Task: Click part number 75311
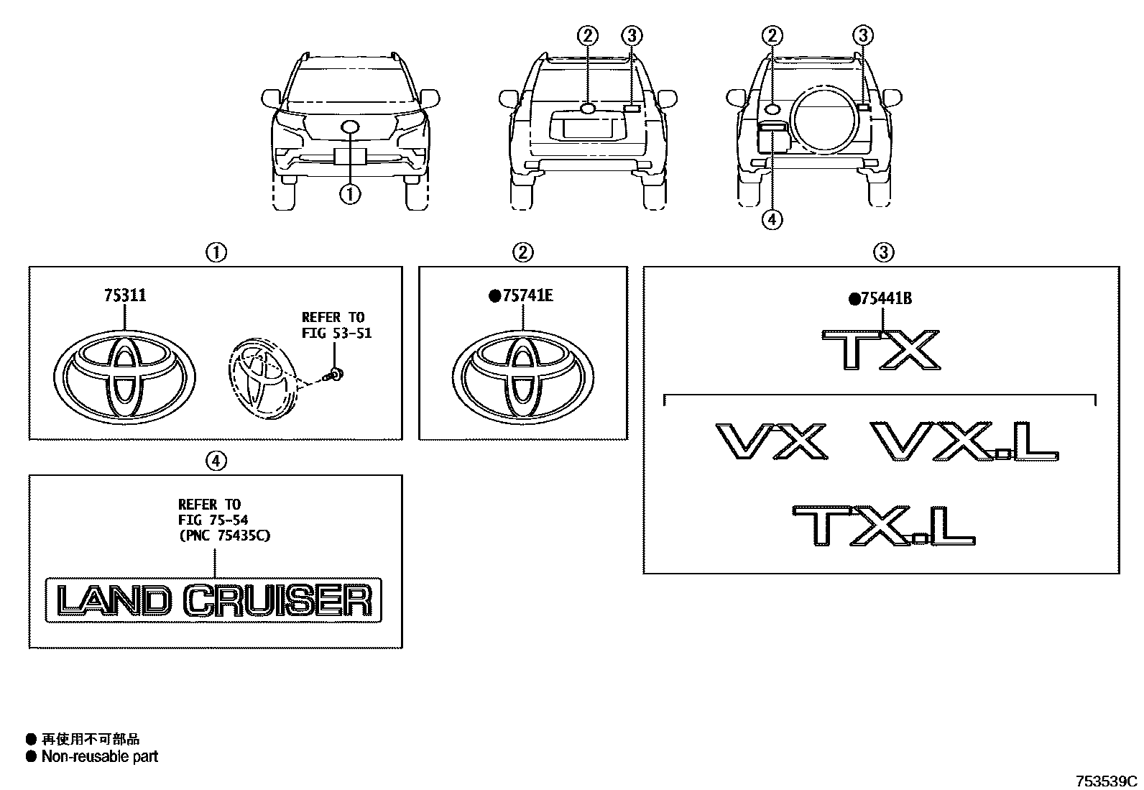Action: coord(125,295)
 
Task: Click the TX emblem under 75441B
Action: coord(880,350)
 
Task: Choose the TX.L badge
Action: coord(884,525)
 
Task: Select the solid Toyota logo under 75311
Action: coord(124,375)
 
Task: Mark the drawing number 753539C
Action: coord(1106,781)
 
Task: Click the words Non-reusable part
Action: coord(99,756)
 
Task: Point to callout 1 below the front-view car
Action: coord(351,194)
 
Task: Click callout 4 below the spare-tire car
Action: coord(772,220)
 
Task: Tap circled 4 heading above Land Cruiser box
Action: coord(216,460)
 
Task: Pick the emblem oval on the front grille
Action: coord(351,128)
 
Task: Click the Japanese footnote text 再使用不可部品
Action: coord(91,738)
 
